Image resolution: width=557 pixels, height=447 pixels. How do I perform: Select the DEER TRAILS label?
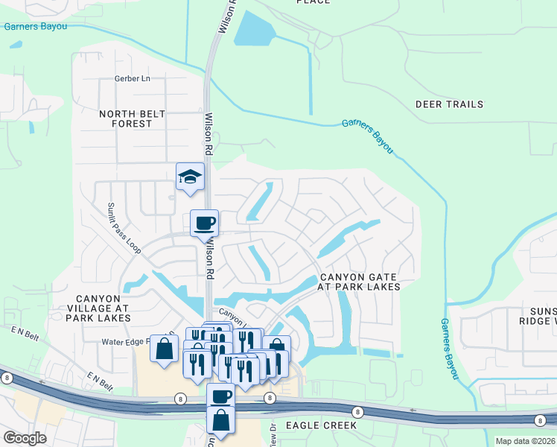coord(449,104)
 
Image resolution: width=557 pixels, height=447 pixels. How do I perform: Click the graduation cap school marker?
coord(190,177)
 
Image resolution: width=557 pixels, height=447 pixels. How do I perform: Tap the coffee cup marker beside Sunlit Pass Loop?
coord(204,222)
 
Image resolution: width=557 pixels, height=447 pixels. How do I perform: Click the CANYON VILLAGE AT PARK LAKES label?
coord(98,307)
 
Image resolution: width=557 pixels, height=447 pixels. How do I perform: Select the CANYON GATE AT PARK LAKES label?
coord(359,281)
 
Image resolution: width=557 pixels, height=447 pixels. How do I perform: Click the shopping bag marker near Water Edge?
coord(164,348)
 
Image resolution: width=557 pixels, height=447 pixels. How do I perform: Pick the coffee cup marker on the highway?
coord(220,396)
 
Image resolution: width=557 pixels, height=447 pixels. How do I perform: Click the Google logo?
coord(25,438)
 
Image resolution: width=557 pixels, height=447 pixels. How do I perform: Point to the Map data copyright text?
coord(525,441)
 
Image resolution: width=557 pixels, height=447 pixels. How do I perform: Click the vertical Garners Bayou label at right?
coord(449,348)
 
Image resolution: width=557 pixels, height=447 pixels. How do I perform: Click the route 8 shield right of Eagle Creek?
coord(358,412)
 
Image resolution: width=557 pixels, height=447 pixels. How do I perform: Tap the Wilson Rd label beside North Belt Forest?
coord(210,131)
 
